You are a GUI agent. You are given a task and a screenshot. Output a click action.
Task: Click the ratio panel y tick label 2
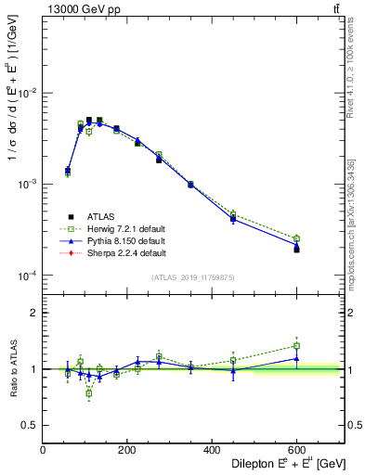33,313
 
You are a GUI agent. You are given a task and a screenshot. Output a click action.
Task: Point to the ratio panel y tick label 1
33,369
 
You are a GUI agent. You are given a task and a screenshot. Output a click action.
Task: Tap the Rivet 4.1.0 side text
356,65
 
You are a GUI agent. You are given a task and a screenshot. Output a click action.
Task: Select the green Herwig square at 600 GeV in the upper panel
296,238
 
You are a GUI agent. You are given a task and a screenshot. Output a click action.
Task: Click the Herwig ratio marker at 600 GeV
296,346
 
